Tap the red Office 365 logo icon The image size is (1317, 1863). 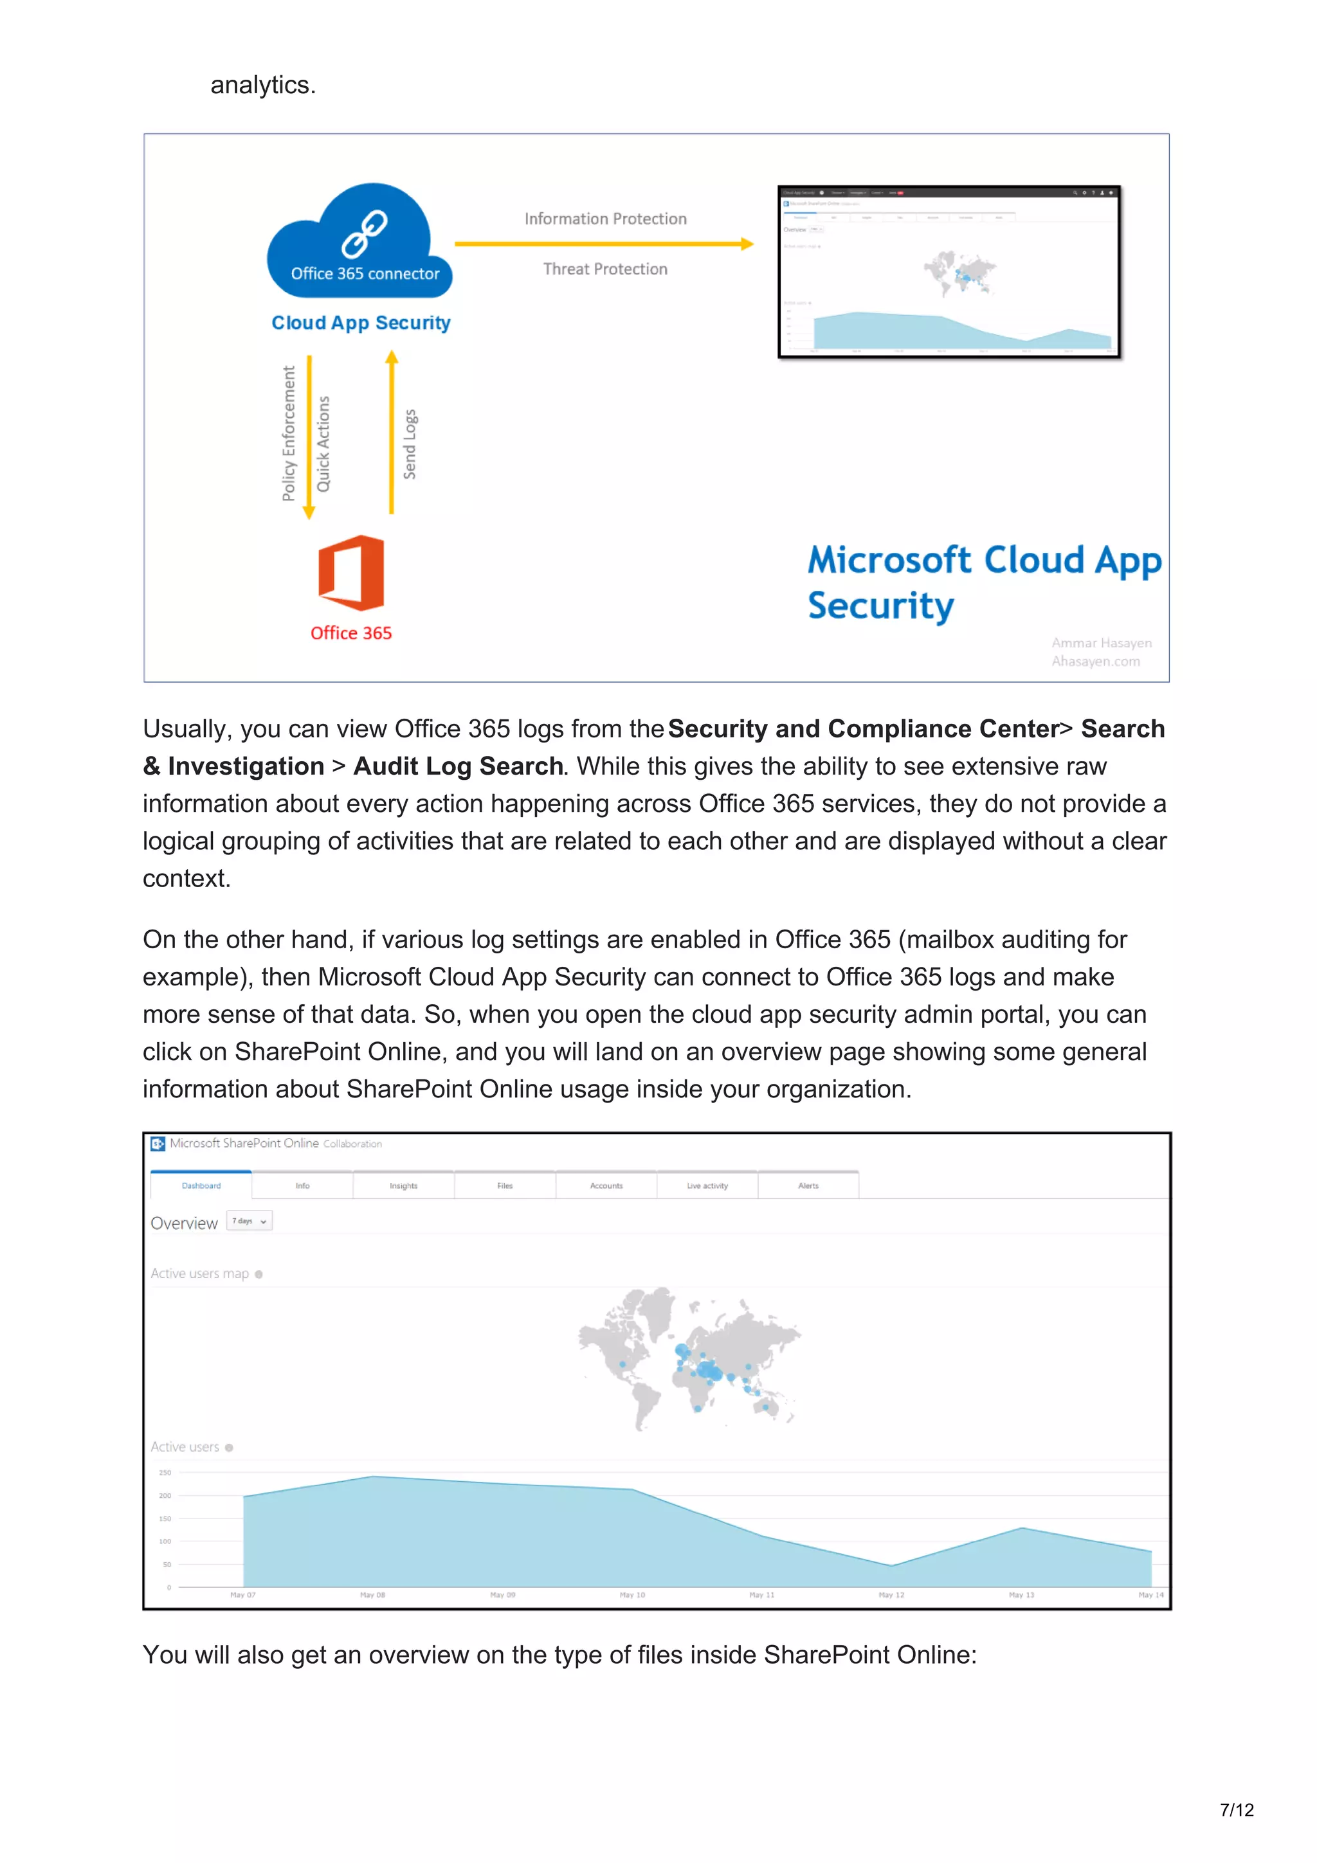tap(350, 573)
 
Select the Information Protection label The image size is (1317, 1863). tap(605, 219)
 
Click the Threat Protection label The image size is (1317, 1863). tap(605, 269)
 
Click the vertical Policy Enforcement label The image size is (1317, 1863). tap(289, 433)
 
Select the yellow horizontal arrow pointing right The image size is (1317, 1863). tap(604, 244)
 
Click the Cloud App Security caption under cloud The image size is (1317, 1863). tap(361, 323)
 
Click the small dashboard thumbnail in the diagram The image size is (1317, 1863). tap(949, 272)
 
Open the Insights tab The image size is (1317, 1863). tap(403, 1185)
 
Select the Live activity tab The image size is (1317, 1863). tap(707, 1185)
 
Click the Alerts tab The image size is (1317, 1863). tap(808, 1185)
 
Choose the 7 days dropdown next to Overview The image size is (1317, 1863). tap(249, 1221)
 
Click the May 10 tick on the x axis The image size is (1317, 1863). tap(632, 1594)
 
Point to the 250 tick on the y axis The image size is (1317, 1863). tap(165, 1473)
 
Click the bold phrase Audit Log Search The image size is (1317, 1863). tap(458, 766)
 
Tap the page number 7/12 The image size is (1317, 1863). tap(1236, 1810)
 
